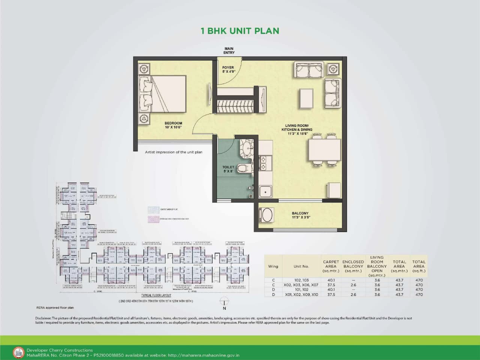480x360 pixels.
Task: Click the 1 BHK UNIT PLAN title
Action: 240,31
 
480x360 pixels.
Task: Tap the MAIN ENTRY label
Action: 229,51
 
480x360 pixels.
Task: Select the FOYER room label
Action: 228,69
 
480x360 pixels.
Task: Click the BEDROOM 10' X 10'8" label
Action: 173,125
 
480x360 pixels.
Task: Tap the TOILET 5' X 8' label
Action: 228,169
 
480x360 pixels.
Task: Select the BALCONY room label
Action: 300,215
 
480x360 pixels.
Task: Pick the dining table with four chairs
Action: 324,149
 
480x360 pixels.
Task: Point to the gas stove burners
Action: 263,163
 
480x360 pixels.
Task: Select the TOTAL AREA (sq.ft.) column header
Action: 419,266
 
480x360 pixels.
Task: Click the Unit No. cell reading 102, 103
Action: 301,280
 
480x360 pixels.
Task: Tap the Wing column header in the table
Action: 273,266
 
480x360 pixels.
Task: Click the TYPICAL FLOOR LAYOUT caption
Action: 156,295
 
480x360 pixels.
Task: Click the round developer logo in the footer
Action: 18,352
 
